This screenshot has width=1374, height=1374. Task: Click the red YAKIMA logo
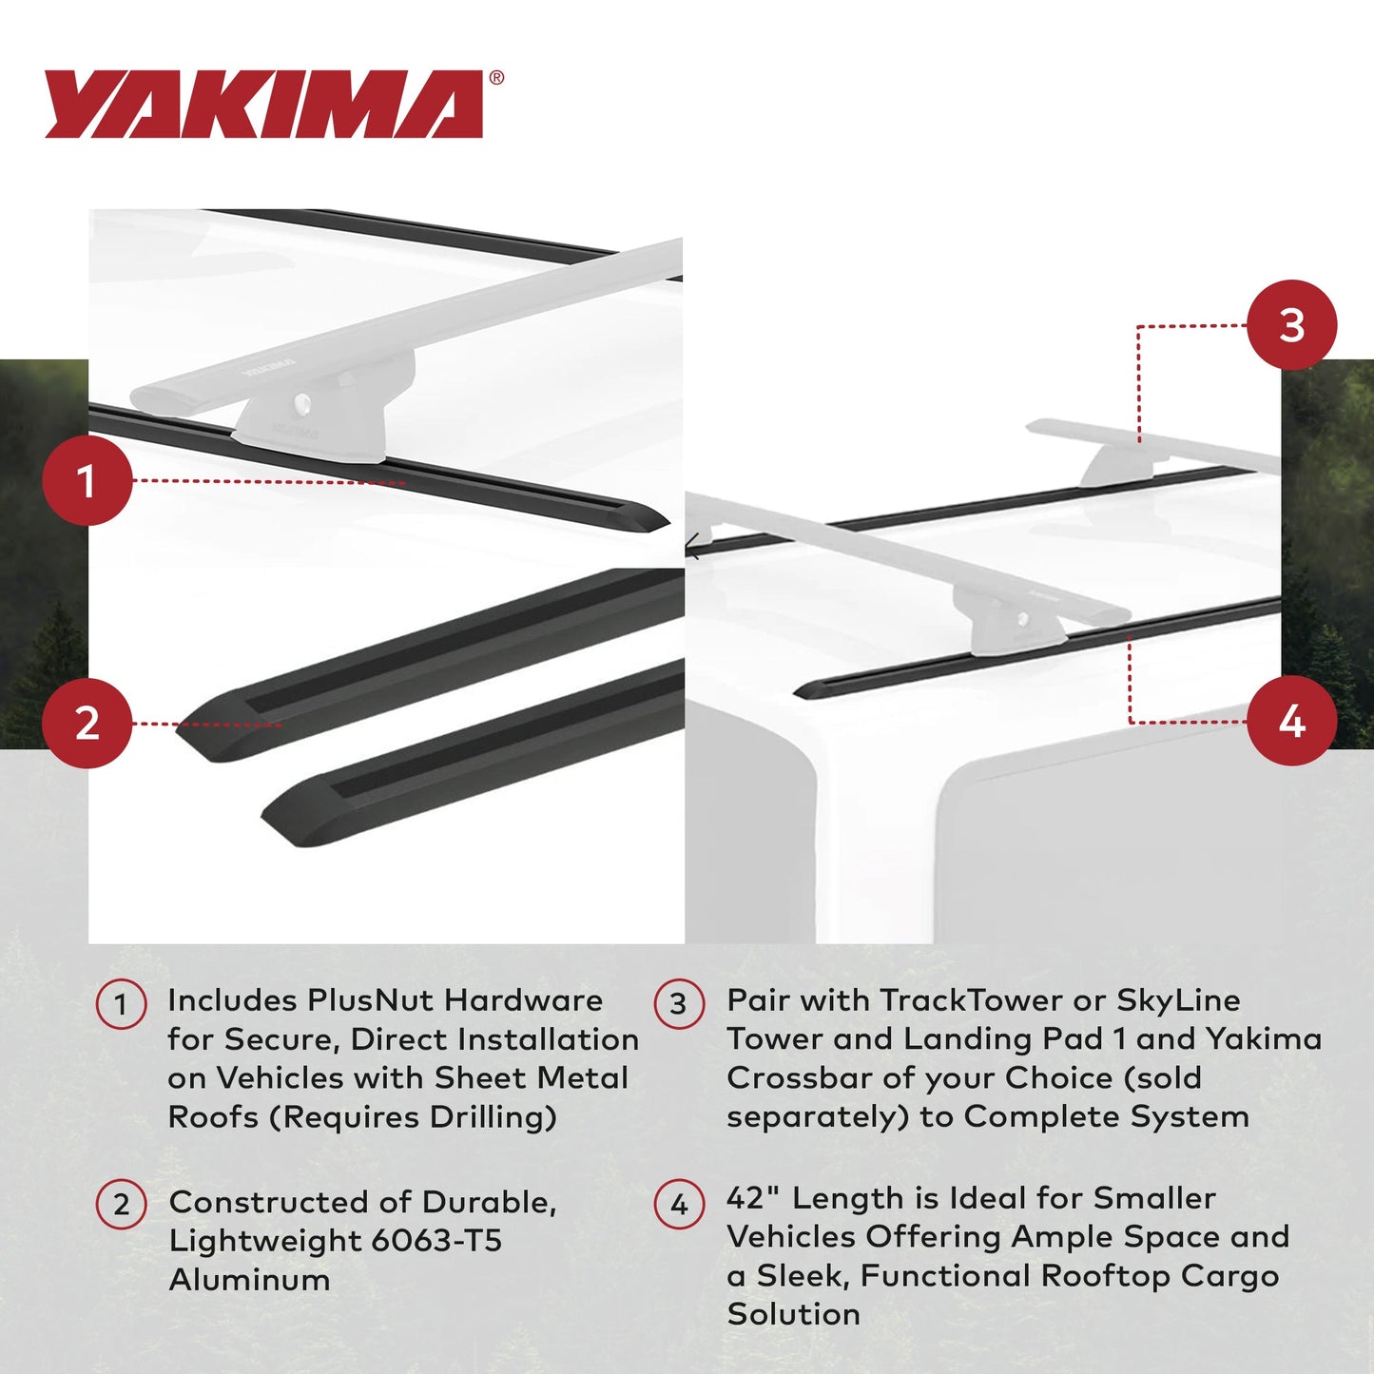click(263, 104)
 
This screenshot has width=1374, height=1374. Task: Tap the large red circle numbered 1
click(87, 480)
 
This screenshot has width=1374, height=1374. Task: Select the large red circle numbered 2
click(87, 723)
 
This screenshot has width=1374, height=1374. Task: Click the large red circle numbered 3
click(1290, 325)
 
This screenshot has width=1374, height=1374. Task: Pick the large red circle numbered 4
click(1290, 722)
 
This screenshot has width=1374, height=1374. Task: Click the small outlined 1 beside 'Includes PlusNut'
click(121, 1004)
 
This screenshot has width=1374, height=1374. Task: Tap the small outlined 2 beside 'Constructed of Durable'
click(121, 1205)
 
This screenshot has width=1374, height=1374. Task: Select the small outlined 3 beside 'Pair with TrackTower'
click(679, 1004)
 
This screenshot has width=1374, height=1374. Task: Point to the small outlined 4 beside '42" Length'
click(679, 1205)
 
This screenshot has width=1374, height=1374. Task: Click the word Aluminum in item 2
click(249, 1279)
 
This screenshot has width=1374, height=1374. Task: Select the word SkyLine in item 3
click(1178, 1000)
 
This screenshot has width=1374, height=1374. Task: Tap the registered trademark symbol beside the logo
click(496, 79)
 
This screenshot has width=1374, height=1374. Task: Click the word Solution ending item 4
click(793, 1314)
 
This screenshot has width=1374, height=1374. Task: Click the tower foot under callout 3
click(1122, 465)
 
